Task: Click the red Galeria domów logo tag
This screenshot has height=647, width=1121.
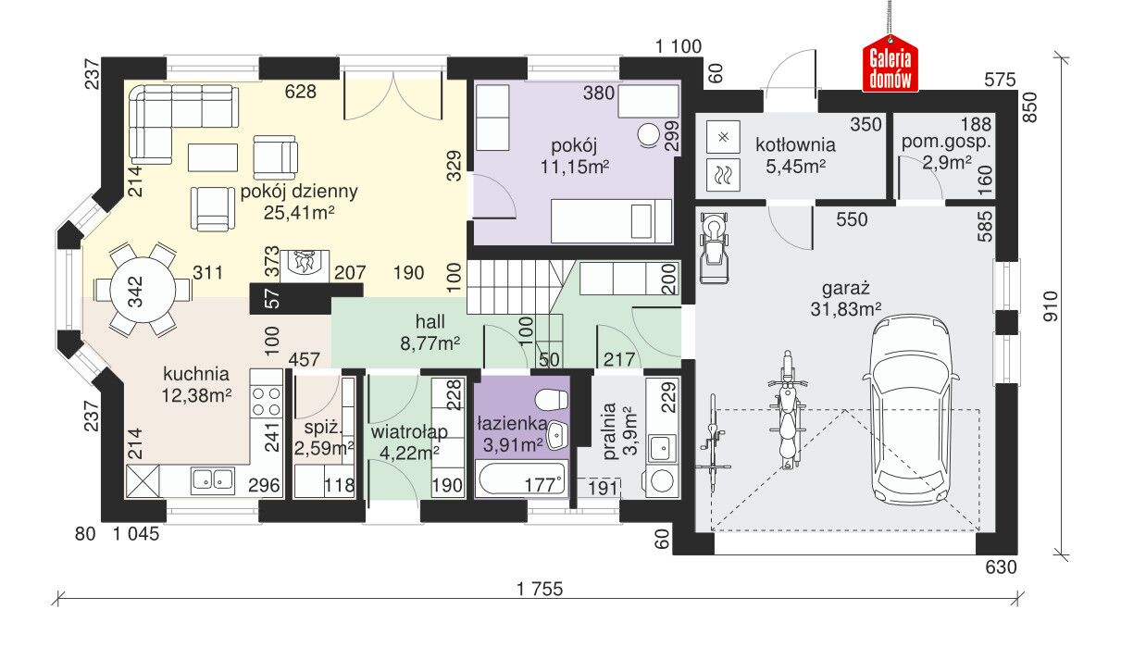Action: pos(890,65)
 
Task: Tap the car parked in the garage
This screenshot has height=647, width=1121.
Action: pos(910,410)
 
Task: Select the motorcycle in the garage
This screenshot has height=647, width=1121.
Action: pos(788,409)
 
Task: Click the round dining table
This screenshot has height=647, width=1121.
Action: pos(143,291)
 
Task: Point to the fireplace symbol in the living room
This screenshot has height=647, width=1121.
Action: pos(305,266)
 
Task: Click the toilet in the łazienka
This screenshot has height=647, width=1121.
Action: pos(552,399)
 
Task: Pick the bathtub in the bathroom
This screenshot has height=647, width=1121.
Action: pos(522,479)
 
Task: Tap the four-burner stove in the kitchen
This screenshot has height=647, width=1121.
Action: pos(267,402)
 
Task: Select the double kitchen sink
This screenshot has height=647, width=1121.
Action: pos(213,479)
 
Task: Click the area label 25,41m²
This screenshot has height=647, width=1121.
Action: pos(299,213)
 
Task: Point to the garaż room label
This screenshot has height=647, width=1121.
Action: pos(846,289)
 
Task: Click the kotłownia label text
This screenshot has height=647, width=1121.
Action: pos(795,145)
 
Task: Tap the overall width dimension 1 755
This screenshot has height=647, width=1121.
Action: pos(540,589)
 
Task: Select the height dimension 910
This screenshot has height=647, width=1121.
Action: pos(1051,305)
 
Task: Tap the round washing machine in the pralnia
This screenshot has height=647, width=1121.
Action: pos(662,480)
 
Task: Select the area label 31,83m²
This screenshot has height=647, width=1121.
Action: pos(846,310)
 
